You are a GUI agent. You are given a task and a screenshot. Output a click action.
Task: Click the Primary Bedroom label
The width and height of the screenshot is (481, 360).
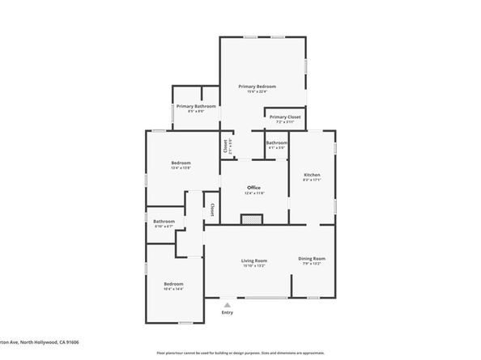[x=257, y=86]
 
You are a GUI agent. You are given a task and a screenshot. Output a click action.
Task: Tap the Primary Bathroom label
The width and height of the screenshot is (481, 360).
[x=196, y=106]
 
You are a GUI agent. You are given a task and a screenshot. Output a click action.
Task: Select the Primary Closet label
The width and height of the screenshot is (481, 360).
[x=285, y=116]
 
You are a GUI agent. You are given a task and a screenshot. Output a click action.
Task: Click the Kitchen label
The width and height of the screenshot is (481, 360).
[x=312, y=175]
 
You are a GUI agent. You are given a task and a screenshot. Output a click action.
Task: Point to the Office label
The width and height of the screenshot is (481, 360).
[x=253, y=188]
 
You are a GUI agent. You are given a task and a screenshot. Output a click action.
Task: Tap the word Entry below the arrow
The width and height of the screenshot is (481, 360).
[x=228, y=312]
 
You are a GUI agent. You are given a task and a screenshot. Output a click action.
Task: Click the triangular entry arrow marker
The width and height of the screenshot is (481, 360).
[x=228, y=304]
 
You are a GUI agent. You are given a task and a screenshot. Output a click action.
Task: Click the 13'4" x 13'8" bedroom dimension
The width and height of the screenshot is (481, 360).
[x=181, y=168]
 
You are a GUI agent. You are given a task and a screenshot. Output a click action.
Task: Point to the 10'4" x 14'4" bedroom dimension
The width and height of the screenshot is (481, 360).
[x=174, y=289]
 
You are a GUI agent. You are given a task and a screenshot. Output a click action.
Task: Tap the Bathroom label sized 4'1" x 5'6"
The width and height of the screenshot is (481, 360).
[x=276, y=142]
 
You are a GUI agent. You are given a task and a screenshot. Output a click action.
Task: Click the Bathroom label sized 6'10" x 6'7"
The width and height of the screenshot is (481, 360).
[x=164, y=221]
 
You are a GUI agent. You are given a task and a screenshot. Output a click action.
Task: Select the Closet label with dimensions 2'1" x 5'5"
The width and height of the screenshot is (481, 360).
[x=226, y=146]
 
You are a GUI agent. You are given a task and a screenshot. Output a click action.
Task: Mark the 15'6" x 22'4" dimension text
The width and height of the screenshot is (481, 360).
[x=257, y=91]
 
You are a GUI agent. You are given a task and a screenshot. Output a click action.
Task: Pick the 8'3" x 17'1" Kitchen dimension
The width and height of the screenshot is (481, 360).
[x=312, y=180]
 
